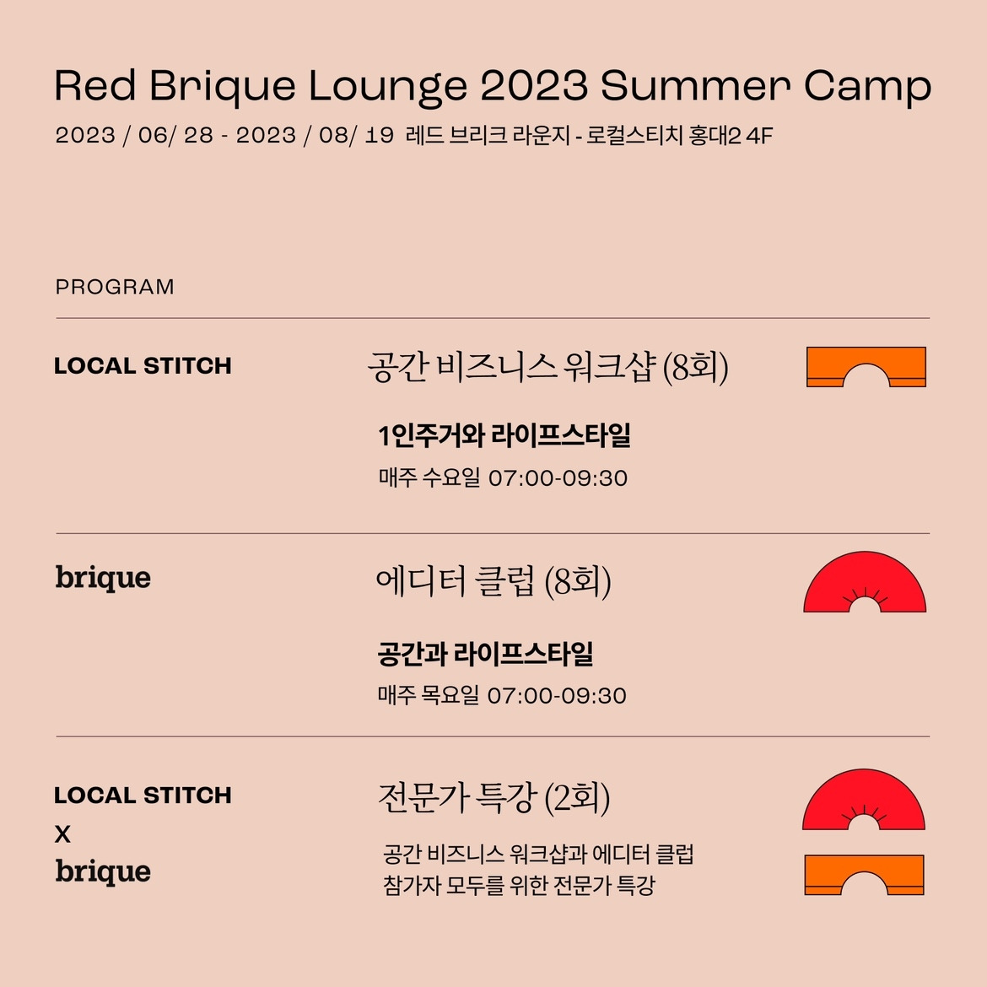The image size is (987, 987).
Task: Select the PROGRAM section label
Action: click(115, 287)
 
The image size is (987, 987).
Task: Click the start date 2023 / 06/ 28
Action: click(134, 136)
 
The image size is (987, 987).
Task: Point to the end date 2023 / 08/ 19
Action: click(315, 136)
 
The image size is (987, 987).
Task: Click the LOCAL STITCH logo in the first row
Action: click(143, 366)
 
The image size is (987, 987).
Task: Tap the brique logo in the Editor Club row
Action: click(103, 579)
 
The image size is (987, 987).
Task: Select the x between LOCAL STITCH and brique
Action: click(62, 834)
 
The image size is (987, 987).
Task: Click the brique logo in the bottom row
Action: click(103, 871)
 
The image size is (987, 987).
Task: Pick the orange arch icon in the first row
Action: click(866, 367)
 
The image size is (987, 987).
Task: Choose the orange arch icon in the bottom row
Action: click(864, 875)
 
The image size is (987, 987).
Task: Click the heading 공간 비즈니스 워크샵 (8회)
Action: click(547, 368)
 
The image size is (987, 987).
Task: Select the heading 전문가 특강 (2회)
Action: click(493, 797)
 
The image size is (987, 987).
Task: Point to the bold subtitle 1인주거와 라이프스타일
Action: click(504, 436)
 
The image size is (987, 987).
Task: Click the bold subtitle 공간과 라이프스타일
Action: click(485, 654)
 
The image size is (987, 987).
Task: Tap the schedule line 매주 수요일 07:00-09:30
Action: click(503, 478)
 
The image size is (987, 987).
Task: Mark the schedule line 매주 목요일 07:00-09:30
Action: click(502, 696)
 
